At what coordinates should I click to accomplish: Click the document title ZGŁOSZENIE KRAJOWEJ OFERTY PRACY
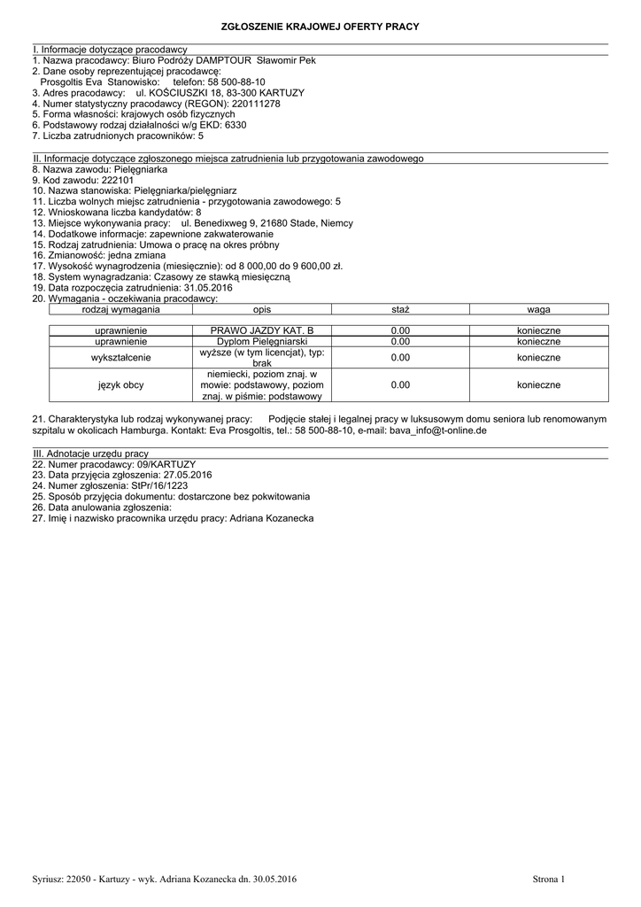tap(320, 27)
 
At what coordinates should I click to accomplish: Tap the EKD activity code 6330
tap(236, 126)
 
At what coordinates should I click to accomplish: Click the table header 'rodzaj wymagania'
tap(120, 310)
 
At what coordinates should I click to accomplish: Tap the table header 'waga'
tap(538, 310)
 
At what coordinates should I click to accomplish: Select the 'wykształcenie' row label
tap(121, 357)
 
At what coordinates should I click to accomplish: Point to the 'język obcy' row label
tap(121, 385)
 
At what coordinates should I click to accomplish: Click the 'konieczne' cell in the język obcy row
tap(538, 385)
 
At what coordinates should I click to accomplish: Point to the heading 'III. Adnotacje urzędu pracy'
tap(90, 453)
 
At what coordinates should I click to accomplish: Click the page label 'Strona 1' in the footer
tap(548, 879)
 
